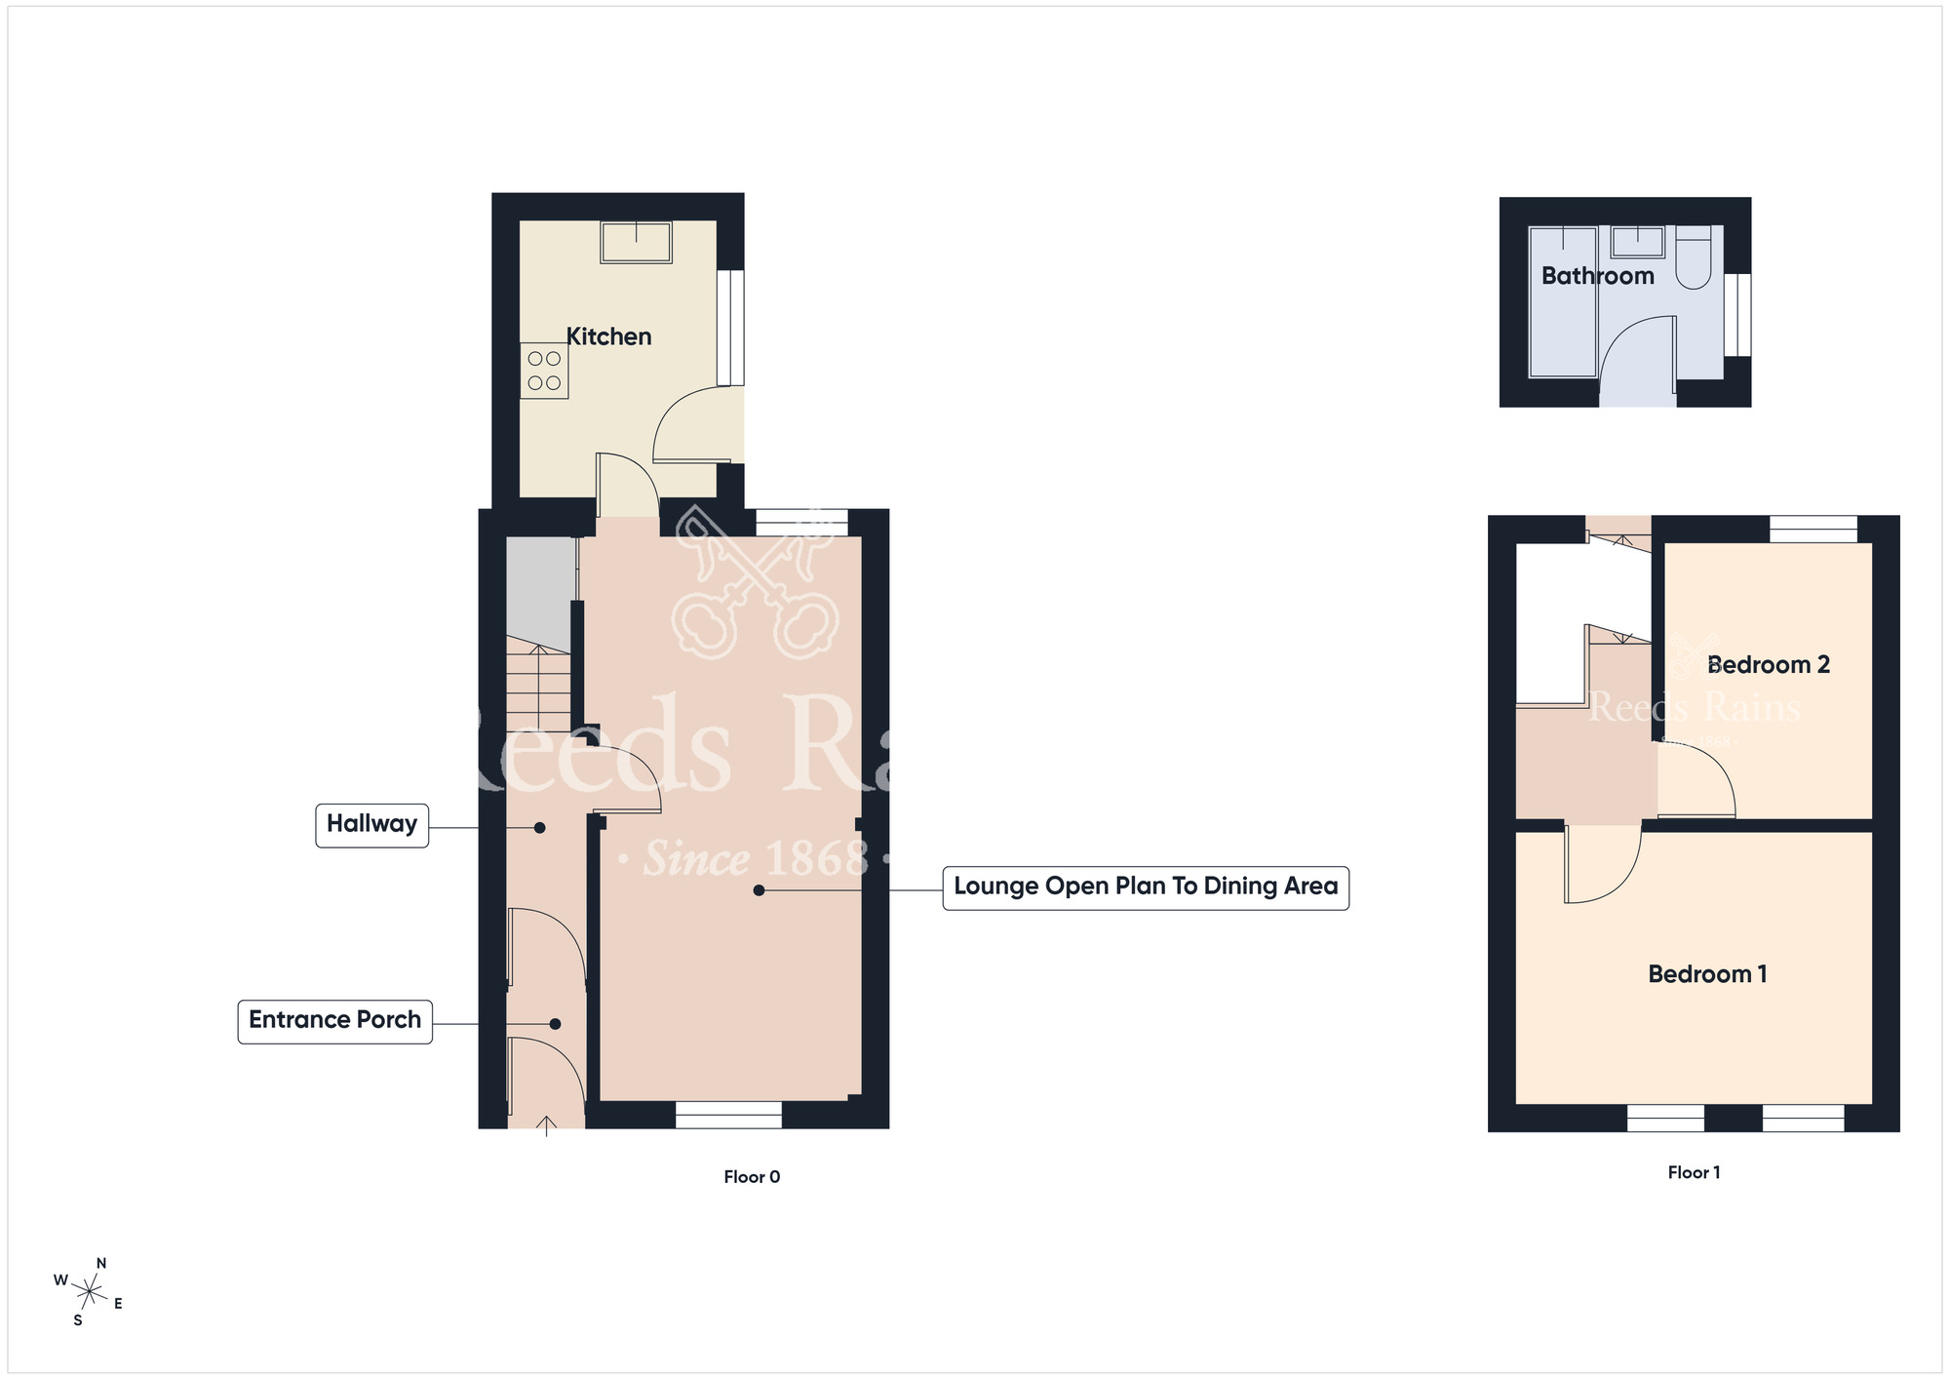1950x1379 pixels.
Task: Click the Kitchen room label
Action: click(x=608, y=336)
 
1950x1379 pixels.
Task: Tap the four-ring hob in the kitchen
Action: click(x=544, y=371)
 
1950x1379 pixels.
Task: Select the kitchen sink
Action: click(x=637, y=243)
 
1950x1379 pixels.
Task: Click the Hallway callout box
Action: click(x=371, y=825)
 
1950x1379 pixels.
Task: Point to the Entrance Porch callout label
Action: click(x=334, y=1021)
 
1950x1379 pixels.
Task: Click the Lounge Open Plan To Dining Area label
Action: click(x=1146, y=887)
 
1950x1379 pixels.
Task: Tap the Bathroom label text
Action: click(x=1597, y=276)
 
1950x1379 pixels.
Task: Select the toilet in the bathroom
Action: click(x=1694, y=257)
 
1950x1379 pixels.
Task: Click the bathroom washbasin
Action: click(x=1637, y=242)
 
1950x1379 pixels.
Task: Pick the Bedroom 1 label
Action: click(x=1707, y=974)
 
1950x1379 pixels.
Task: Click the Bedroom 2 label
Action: click(x=1769, y=665)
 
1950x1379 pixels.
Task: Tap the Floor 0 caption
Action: click(x=752, y=1177)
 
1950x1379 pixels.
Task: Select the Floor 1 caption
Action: click(x=1694, y=1172)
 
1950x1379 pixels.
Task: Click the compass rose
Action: click(x=89, y=1293)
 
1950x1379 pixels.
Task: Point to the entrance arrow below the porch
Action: click(x=546, y=1126)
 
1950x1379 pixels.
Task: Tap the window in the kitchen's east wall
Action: click(x=730, y=328)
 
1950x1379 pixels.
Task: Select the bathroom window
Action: click(x=1737, y=315)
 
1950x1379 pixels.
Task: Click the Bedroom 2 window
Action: click(x=1813, y=529)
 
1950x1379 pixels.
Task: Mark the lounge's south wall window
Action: click(x=728, y=1115)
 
